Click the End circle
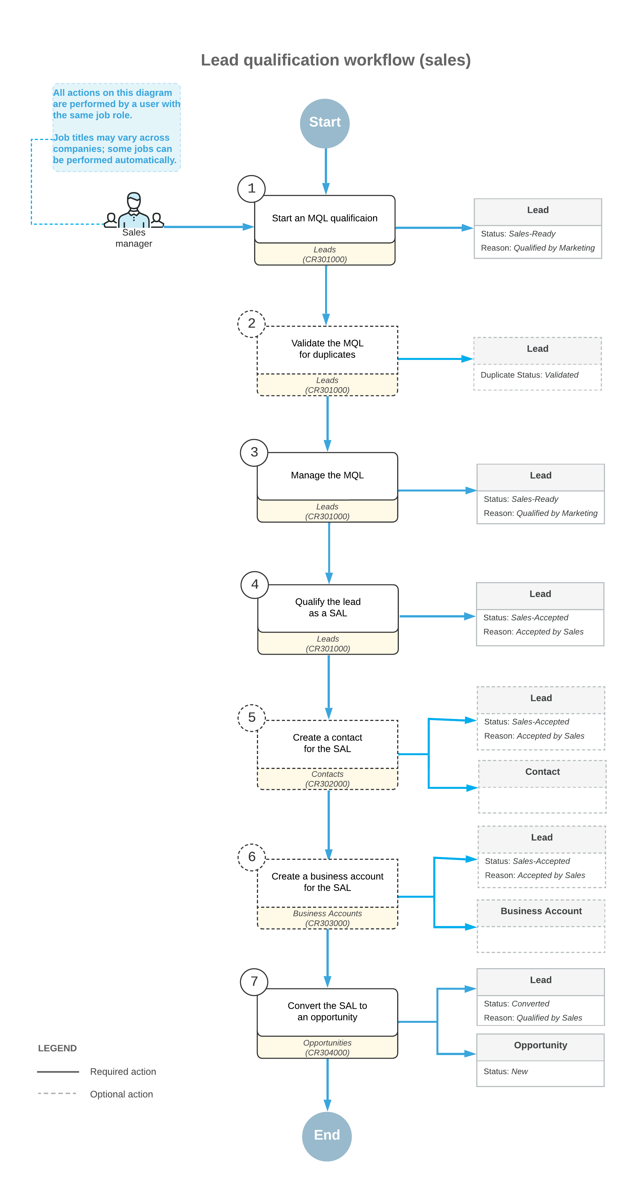(326, 1135)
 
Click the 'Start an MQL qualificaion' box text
(325, 218)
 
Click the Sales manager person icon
(134, 211)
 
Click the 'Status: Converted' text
(516, 1003)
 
